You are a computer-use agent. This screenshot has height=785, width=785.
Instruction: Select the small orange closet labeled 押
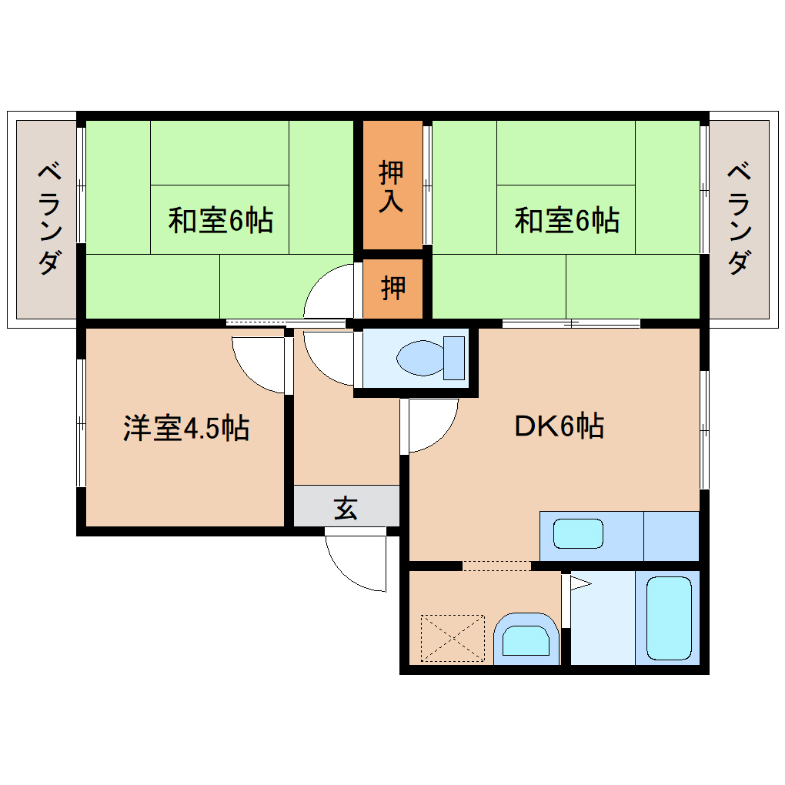click(392, 289)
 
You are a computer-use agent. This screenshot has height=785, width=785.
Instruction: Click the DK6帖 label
click(559, 425)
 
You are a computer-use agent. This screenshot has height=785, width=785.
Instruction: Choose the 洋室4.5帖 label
click(185, 428)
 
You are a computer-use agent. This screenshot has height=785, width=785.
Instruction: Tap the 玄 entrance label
click(346, 508)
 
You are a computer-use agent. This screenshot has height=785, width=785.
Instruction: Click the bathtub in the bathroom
click(668, 619)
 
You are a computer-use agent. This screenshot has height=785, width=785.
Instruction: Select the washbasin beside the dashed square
click(525, 640)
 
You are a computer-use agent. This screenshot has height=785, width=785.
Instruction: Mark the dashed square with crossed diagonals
click(453, 638)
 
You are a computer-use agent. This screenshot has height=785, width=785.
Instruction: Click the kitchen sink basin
click(578, 533)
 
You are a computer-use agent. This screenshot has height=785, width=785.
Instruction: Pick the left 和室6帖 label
click(220, 221)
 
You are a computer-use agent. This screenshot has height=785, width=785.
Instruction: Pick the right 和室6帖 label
click(566, 221)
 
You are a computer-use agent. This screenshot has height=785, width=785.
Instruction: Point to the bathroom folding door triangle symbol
click(580, 585)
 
